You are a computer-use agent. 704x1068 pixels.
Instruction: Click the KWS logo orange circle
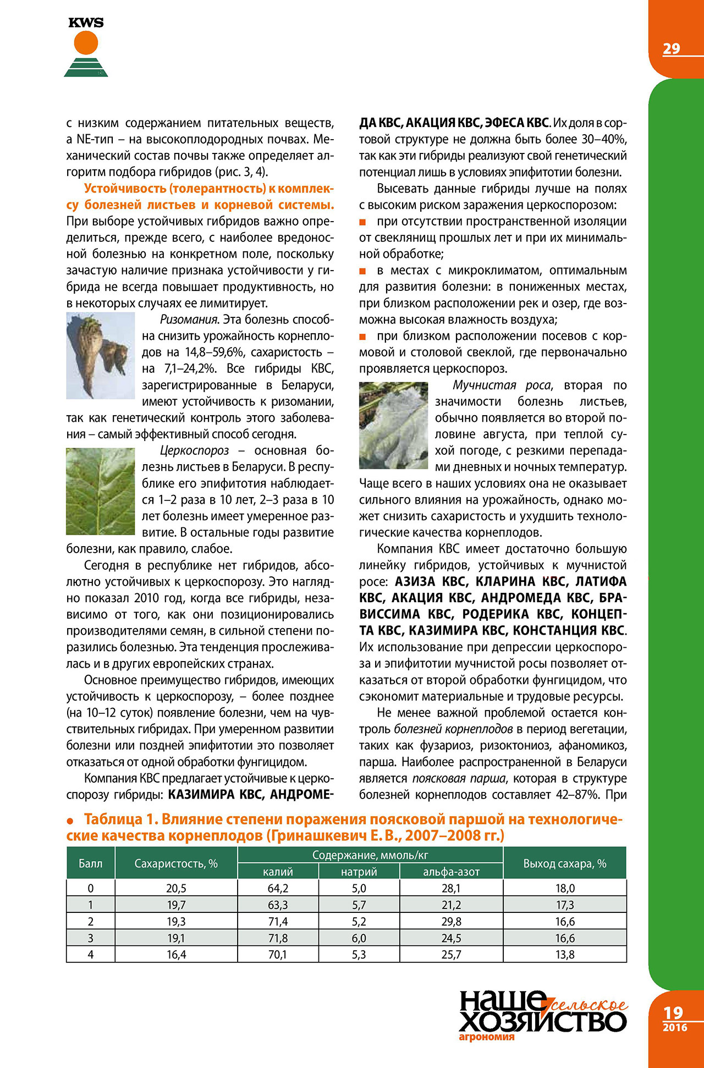86,42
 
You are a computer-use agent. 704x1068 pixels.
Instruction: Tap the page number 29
671,49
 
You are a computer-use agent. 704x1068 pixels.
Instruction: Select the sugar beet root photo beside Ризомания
100,355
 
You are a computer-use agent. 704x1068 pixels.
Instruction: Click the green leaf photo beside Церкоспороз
100,491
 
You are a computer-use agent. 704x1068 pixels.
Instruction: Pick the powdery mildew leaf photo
393,425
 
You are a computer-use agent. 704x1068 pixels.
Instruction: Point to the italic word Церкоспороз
194,450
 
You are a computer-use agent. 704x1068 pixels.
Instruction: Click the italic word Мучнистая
485,385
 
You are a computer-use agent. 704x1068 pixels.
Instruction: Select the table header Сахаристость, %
176,863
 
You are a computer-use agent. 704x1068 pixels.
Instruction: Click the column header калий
278,872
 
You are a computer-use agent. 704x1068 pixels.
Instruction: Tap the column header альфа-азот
451,872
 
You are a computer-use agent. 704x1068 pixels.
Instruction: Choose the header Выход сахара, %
564,863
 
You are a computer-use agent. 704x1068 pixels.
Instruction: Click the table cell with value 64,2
278,888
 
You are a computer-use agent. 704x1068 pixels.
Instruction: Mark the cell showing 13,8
565,955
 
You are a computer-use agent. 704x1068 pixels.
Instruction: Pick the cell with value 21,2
451,905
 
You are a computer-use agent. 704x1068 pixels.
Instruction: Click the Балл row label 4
91,955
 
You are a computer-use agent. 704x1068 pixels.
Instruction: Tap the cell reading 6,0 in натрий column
359,938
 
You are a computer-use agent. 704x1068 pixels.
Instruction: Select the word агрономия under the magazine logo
486,1037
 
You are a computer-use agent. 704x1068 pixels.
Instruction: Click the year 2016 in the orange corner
674,1027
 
